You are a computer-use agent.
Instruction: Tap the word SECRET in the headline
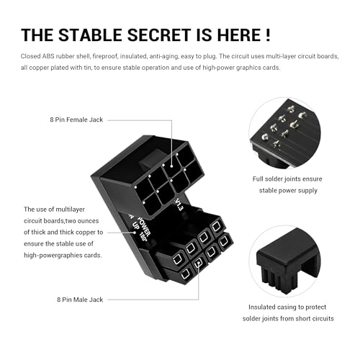click(x=159, y=35)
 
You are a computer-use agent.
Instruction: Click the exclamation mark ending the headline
click(x=268, y=35)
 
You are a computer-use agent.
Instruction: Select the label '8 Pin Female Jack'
click(x=76, y=120)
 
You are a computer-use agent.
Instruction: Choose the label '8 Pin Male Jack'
click(x=80, y=300)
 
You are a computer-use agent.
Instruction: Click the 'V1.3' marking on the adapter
click(x=179, y=204)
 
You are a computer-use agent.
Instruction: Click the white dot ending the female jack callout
click(x=171, y=166)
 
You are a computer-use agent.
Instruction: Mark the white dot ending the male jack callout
click(x=198, y=264)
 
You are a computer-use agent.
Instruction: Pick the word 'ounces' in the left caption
click(x=89, y=221)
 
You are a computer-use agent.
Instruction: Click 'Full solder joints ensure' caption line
click(x=287, y=179)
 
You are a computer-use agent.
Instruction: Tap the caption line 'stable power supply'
click(x=288, y=191)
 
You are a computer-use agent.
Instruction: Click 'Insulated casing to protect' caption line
click(x=287, y=307)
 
